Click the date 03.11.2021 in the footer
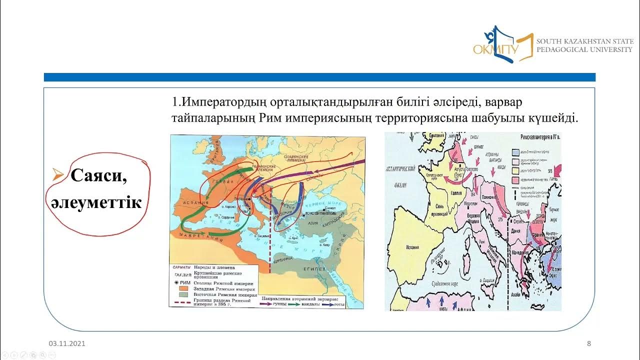coord(67,343)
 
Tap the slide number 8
coord(588,343)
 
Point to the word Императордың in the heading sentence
coord(224,102)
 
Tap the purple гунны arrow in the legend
coord(270,303)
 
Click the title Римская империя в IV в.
coord(540,136)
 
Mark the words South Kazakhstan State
coord(584,41)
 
